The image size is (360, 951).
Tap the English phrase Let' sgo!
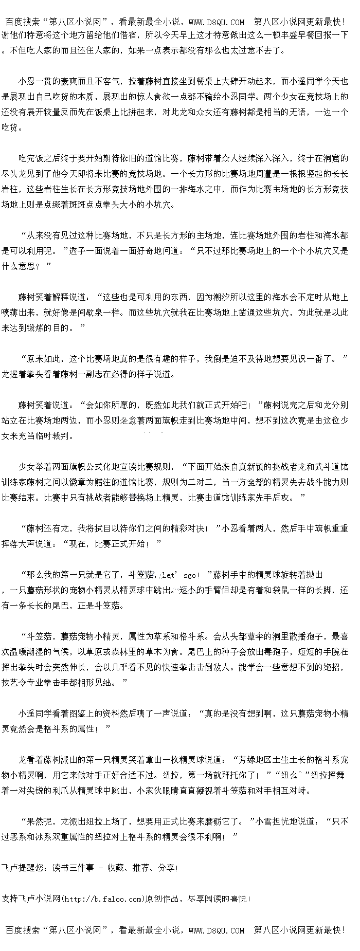tap(181, 575)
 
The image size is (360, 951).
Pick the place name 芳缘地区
tap(249, 760)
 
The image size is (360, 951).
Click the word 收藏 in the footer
tap(115, 868)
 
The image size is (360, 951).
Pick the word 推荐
tap(141, 868)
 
